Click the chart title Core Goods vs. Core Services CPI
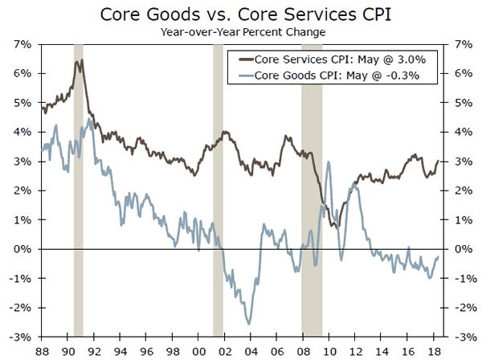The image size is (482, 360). coord(241,15)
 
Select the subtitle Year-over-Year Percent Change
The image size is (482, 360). coord(241,33)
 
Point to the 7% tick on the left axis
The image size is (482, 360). coord(22,43)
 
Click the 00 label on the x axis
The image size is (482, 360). coord(199,350)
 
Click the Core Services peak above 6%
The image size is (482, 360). coord(81,60)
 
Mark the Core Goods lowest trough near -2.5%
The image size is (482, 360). coord(250,323)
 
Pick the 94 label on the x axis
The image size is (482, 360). coord(120,350)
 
